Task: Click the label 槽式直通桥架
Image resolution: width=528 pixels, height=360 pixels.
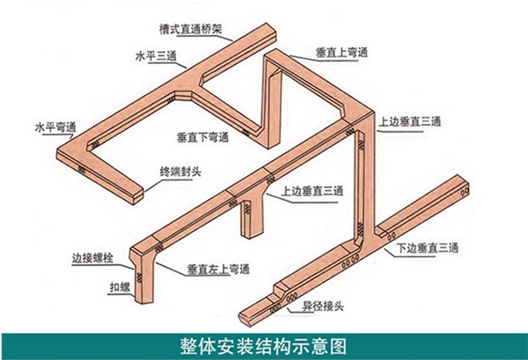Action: coord(191,29)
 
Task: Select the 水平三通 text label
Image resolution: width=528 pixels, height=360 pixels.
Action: coord(156,56)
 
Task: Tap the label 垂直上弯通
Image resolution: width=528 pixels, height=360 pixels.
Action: coord(341,53)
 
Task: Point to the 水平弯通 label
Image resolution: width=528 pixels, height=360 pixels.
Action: coord(55,128)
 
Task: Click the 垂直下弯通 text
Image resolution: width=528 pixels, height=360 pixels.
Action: coord(203,137)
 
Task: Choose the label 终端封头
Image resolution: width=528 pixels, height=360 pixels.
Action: coord(180,171)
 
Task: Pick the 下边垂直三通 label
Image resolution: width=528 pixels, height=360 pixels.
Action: coord(427,248)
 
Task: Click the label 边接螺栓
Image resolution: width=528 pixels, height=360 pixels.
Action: coord(93,258)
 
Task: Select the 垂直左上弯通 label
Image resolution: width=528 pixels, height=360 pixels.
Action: coord(219,270)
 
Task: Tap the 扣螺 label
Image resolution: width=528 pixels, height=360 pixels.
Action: coord(120,288)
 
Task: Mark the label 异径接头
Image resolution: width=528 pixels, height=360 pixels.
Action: coord(322,306)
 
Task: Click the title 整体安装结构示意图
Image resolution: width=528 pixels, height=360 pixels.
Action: coord(263,346)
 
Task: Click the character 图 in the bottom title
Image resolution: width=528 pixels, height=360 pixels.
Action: coord(338,346)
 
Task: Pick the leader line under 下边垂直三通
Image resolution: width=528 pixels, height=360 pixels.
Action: coord(409,254)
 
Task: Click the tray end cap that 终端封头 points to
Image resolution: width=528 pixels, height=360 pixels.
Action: coord(138,196)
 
